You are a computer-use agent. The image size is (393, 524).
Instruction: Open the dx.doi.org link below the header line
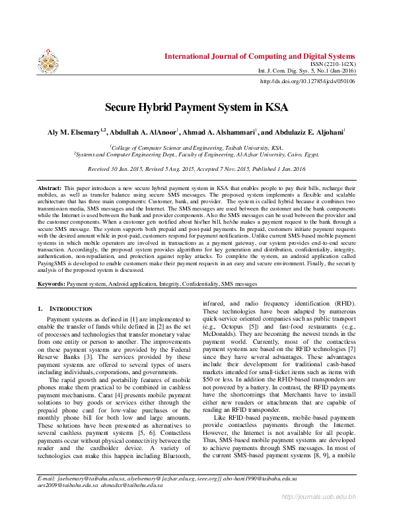point(308,81)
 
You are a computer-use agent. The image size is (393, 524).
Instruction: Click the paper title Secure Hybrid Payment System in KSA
point(196,106)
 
